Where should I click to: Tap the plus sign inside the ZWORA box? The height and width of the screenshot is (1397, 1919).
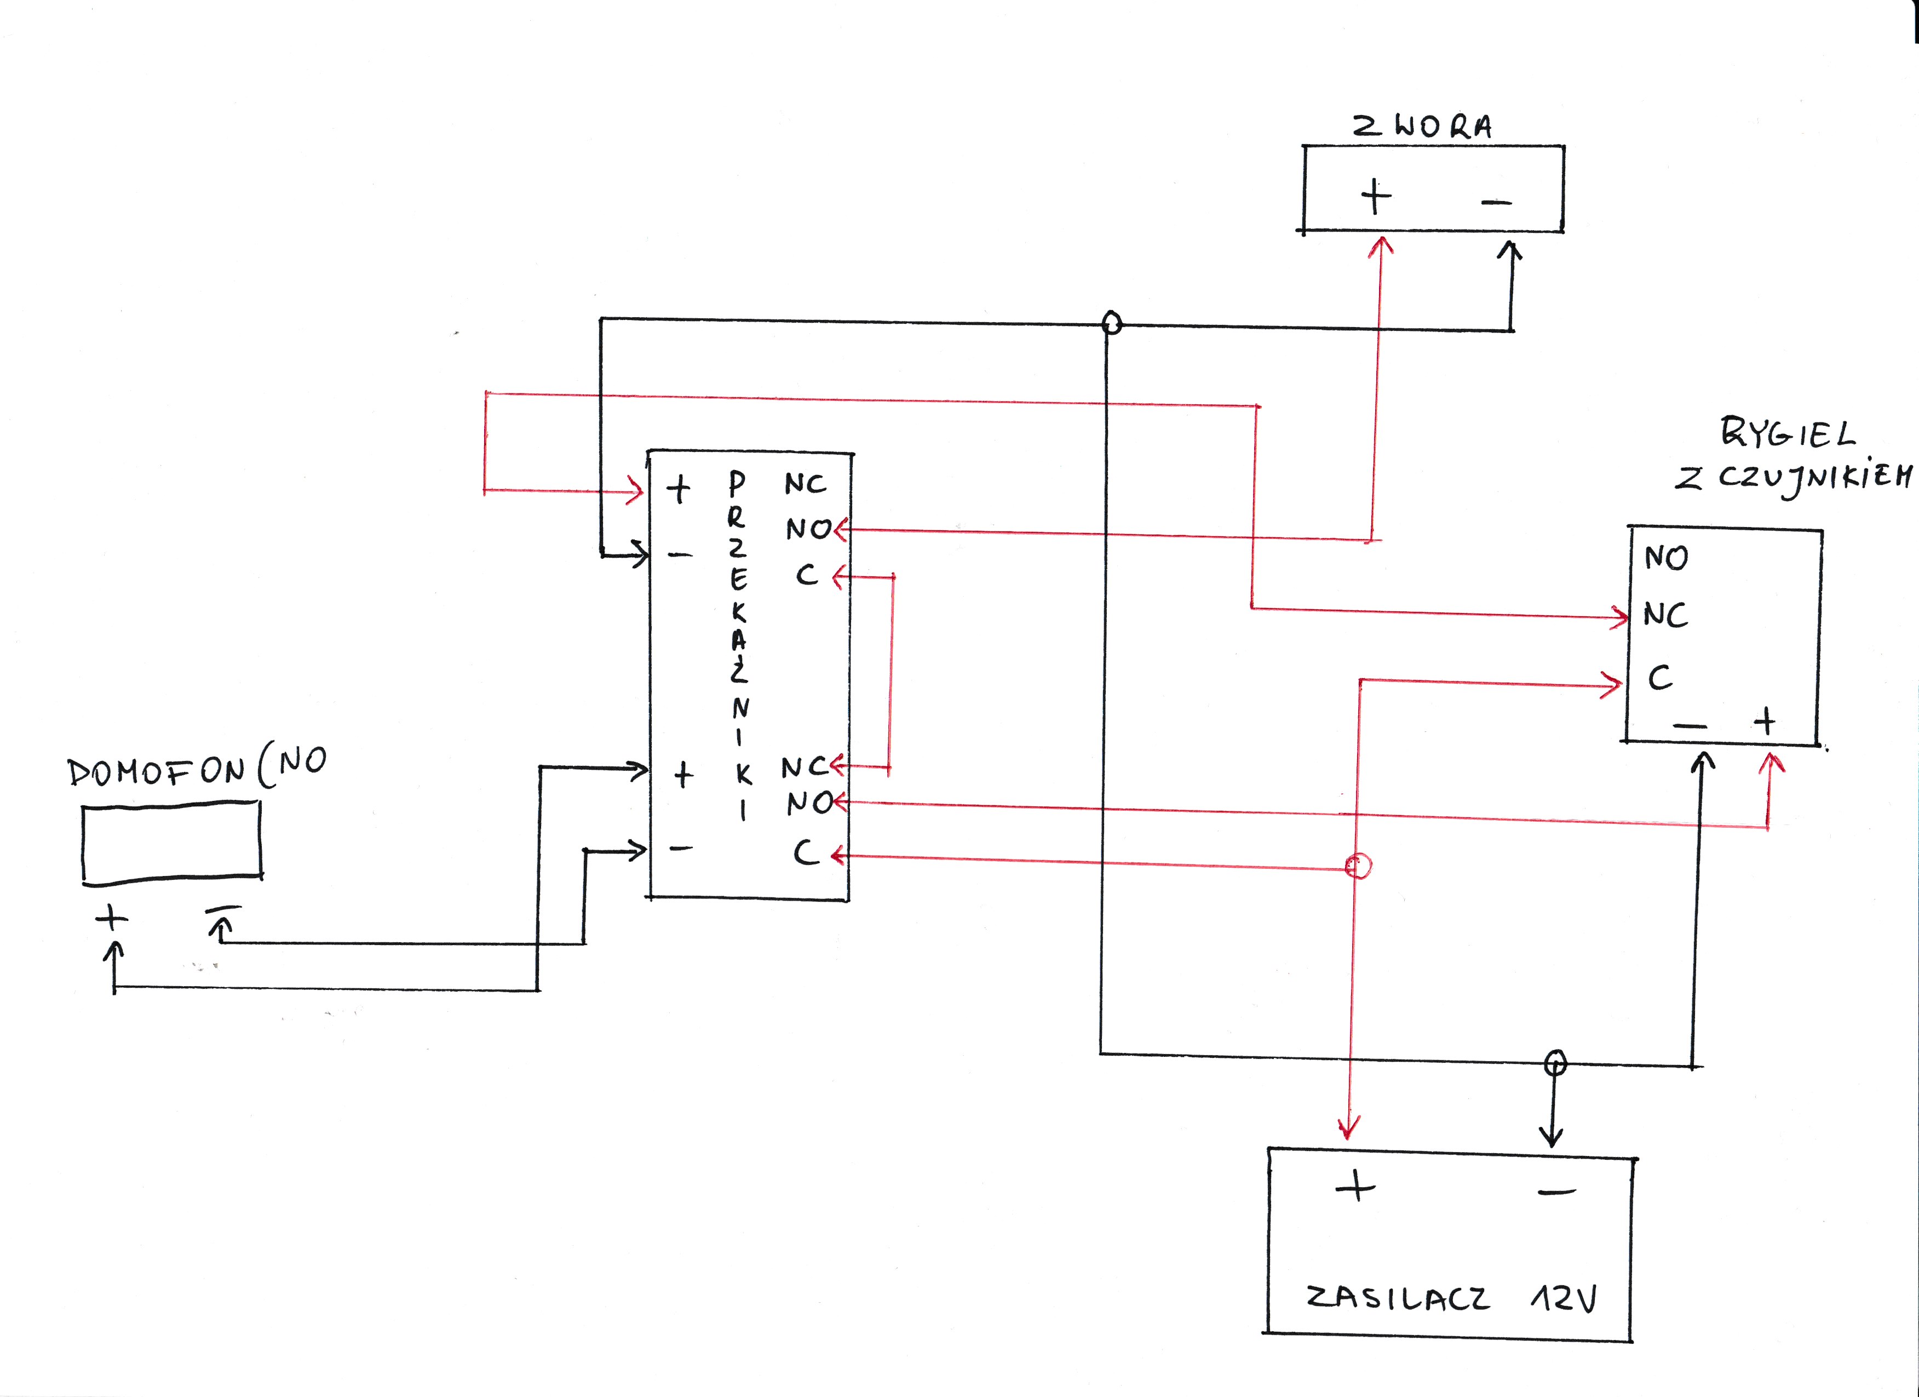1376,197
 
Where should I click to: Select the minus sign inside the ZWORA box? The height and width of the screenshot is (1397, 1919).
1496,202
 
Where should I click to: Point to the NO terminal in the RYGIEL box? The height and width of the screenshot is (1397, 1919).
1666,558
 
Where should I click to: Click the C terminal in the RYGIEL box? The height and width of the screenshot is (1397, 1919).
1660,678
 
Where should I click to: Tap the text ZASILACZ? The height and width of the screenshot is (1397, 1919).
1398,1298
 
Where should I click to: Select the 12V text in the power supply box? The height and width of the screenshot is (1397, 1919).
1564,1298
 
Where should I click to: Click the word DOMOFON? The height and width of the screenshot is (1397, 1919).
157,771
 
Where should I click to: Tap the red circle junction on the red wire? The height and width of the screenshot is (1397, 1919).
1358,866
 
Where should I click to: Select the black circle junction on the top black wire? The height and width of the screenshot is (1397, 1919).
1112,322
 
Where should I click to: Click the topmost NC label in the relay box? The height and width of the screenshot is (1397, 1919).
805,483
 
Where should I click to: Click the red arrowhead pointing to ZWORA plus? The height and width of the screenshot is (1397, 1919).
1381,246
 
